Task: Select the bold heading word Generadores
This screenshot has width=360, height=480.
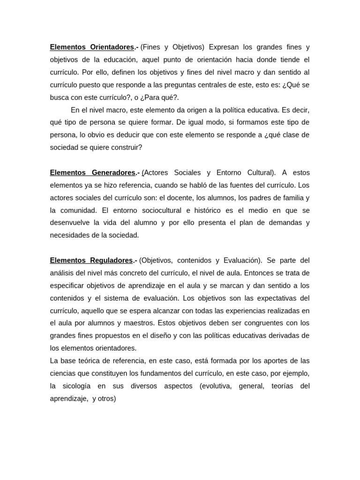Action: pyautogui.click(x=111, y=172)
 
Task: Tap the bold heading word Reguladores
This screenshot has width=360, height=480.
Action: pyautogui.click(x=111, y=260)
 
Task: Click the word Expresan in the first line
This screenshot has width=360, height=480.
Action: pyautogui.click(x=223, y=47)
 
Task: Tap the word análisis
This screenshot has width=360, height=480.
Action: pyautogui.click(x=64, y=273)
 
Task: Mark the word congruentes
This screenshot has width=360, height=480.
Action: pyautogui.click(x=260, y=323)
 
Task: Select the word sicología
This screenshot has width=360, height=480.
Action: pyautogui.click(x=76, y=386)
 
